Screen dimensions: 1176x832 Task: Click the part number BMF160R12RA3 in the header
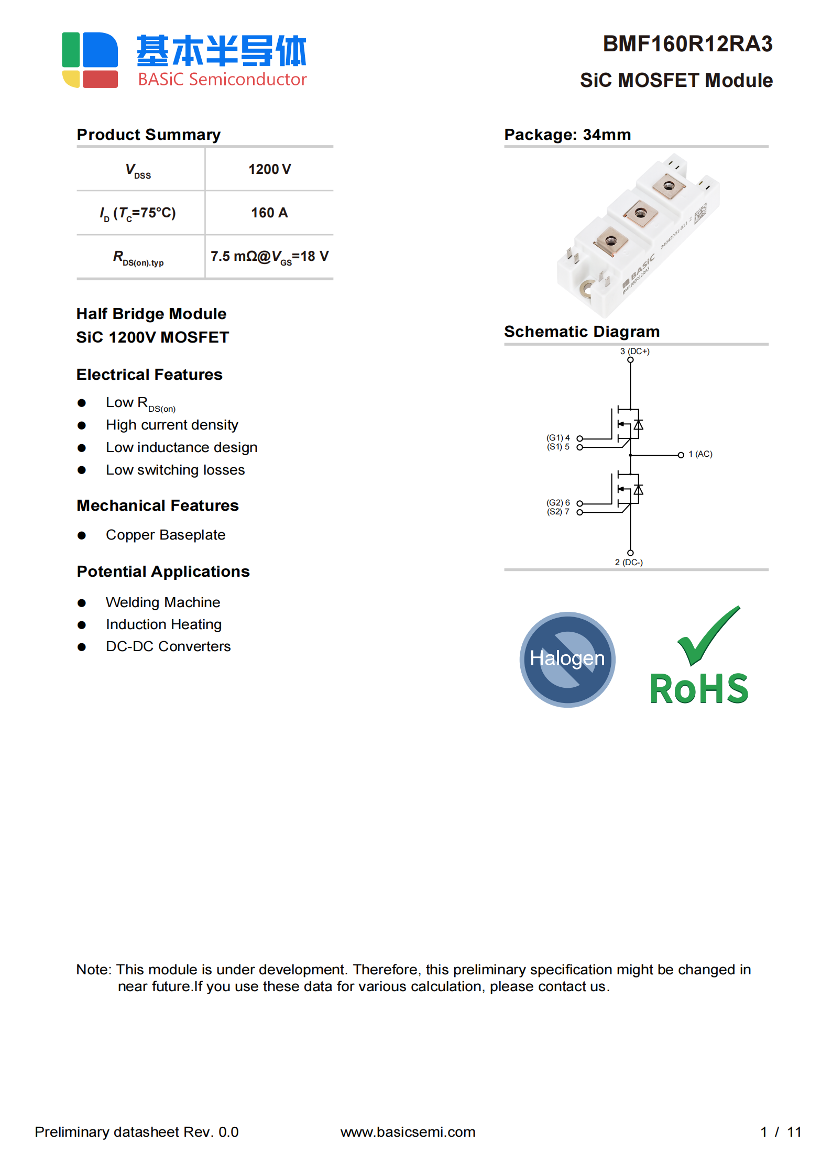click(687, 44)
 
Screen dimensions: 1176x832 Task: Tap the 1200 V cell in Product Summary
click(269, 169)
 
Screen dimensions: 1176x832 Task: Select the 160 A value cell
click(269, 213)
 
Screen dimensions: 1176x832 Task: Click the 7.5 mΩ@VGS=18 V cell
click(269, 257)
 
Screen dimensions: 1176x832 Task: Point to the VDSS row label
click(138, 170)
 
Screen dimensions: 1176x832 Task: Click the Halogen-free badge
click(567, 659)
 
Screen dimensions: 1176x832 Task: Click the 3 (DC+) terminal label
click(634, 351)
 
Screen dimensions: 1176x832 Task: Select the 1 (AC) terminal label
click(700, 454)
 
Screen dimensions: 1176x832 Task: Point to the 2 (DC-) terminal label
click(629, 562)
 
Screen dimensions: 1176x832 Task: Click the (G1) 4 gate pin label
click(558, 437)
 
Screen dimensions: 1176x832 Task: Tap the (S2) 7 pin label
click(558, 512)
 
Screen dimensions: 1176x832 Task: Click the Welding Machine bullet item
click(163, 602)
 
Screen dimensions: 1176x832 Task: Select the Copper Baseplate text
click(166, 535)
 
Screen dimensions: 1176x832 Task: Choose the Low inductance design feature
click(181, 447)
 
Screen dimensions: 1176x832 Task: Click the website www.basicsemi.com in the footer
click(408, 1132)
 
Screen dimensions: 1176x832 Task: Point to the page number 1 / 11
click(780, 1132)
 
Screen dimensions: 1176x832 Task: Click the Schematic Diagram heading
click(582, 332)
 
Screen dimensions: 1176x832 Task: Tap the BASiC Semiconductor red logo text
click(222, 79)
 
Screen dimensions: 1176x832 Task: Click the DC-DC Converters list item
click(168, 646)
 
